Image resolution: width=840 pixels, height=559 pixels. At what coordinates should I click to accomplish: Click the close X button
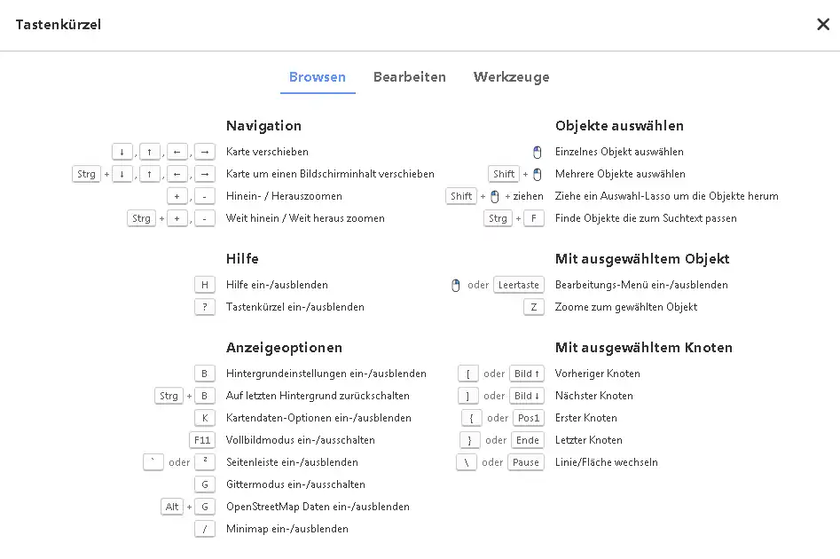(822, 25)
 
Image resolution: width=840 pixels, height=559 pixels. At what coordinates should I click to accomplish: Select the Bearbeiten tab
(409, 77)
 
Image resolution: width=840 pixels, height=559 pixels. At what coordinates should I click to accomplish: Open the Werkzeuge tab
(511, 77)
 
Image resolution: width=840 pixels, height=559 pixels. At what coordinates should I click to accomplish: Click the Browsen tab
(317, 77)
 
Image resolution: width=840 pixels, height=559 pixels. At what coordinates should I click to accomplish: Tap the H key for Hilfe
(205, 285)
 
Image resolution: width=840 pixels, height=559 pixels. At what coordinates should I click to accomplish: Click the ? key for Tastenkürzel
(205, 307)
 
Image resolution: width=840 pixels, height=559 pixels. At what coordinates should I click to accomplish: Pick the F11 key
(203, 440)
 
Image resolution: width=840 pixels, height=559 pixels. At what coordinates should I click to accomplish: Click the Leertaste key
(519, 285)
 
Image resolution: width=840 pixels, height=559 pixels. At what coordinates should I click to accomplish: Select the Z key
(534, 307)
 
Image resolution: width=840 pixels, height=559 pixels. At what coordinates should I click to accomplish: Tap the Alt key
(172, 507)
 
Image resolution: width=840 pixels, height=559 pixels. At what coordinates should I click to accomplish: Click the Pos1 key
(528, 418)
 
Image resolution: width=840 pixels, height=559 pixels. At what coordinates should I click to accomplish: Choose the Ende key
(528, 440)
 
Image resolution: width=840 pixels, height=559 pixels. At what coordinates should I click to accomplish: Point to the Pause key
(526, 462)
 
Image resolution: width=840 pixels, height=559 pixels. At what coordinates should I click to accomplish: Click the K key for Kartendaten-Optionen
(205, 418)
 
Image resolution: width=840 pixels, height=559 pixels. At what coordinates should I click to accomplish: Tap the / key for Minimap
(205, 529)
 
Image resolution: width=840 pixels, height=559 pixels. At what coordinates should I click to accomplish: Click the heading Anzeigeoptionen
(284, 348)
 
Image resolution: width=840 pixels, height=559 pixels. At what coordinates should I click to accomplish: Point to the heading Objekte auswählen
(619, 126)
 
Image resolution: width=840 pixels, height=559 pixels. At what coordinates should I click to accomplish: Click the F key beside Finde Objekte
(534, 218)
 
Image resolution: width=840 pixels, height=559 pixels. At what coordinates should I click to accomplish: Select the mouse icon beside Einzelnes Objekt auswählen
(537, 152)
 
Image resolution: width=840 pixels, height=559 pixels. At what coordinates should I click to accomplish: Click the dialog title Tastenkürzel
(59, 25)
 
